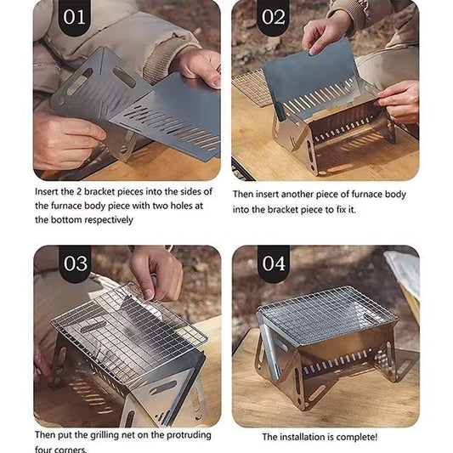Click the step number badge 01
click(75, 18)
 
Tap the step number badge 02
click(273, 18)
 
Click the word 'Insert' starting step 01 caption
click(49, 191)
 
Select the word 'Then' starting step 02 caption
click(245, 194)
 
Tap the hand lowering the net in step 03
click(157, 272)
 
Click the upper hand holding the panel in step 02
click(326, 33)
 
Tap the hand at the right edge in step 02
click(399, 100)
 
